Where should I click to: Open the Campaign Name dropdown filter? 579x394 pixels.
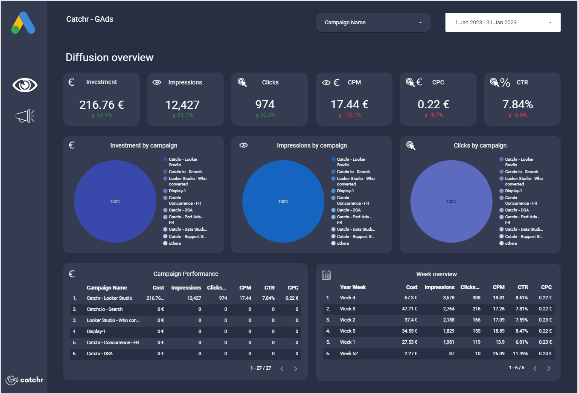point(373,23)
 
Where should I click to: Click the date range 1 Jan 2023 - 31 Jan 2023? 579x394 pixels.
point(503,23)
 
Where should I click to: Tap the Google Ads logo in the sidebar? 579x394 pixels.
point(23,23)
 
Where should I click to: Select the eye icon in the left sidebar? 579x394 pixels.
point(25,85)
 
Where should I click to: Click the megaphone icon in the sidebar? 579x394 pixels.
point(25,116)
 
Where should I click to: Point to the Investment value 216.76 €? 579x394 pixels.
point(102,105)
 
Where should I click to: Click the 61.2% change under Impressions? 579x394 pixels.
point(185,116)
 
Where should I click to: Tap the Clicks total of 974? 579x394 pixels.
point(265,105)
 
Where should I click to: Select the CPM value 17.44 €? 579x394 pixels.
point(349,105)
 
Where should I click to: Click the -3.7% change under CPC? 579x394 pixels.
point(436,115)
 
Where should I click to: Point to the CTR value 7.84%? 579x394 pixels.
point(518,105)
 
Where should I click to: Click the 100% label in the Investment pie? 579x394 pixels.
point(115,202)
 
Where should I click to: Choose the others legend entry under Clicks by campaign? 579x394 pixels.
point(511,243)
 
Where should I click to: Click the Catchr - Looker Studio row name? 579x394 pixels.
point(109,298)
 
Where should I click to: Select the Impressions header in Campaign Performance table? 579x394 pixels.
point(186,288)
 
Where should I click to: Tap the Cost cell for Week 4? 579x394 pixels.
point(411,298)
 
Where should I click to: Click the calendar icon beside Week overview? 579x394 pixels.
point(326,275)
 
